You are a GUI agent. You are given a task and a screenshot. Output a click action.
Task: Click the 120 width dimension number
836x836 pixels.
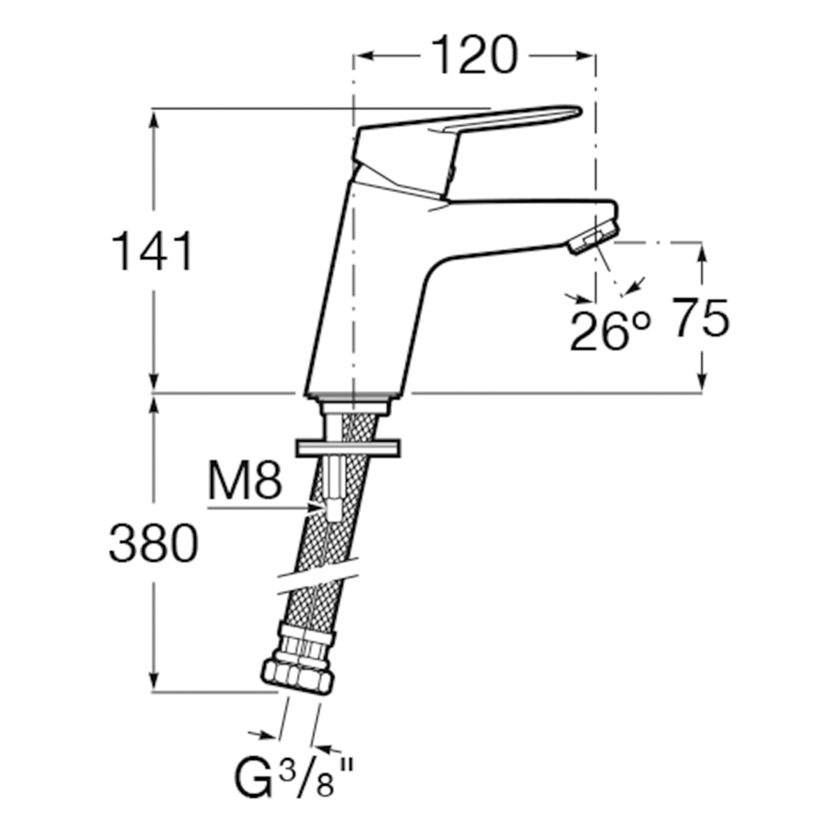click(475, 56)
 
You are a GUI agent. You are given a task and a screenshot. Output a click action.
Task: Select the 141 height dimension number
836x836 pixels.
click(152, 251)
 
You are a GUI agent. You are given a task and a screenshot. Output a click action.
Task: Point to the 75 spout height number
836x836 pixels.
click(702, 318)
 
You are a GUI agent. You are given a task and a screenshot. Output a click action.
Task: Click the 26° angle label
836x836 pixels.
click(610, 331)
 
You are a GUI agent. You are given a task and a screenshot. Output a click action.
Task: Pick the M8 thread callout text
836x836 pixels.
click(245, 480)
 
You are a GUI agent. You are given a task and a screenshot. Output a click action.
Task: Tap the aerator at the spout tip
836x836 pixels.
click(594, 237)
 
